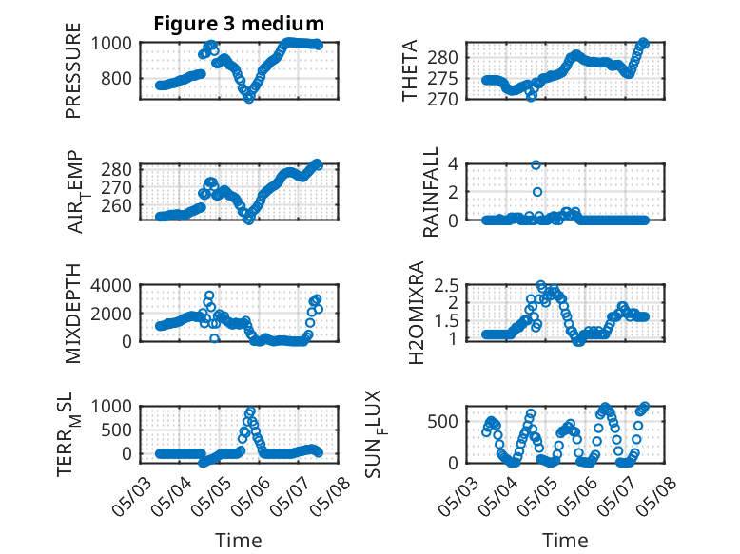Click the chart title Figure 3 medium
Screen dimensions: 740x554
[239, 24]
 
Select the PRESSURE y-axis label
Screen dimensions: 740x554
[73, 70]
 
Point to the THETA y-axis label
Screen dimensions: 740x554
[410, 70]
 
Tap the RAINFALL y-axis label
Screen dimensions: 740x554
[431, 192]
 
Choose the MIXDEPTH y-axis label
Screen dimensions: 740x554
[73, 313]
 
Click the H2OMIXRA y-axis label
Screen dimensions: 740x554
[417, 313]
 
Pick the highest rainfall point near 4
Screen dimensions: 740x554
[536, 164]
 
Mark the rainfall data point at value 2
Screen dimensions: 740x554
[537, 192]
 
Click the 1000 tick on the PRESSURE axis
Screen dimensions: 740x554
[111, 43]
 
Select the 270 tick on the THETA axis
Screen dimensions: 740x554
[442, 100]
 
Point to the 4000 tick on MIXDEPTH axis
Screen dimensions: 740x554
[111, 285]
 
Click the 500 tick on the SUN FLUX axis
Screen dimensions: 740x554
[442, 422]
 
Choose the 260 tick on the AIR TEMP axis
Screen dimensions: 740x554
[117, 206]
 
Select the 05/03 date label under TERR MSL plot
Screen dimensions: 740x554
[131, 496]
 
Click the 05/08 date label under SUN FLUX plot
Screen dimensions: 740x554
[657, 496]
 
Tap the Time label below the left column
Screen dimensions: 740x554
[239, 540]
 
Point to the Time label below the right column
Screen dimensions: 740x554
[565, 540]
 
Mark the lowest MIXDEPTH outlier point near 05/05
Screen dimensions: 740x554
[215, 338]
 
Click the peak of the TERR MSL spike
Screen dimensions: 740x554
[250, 411]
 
